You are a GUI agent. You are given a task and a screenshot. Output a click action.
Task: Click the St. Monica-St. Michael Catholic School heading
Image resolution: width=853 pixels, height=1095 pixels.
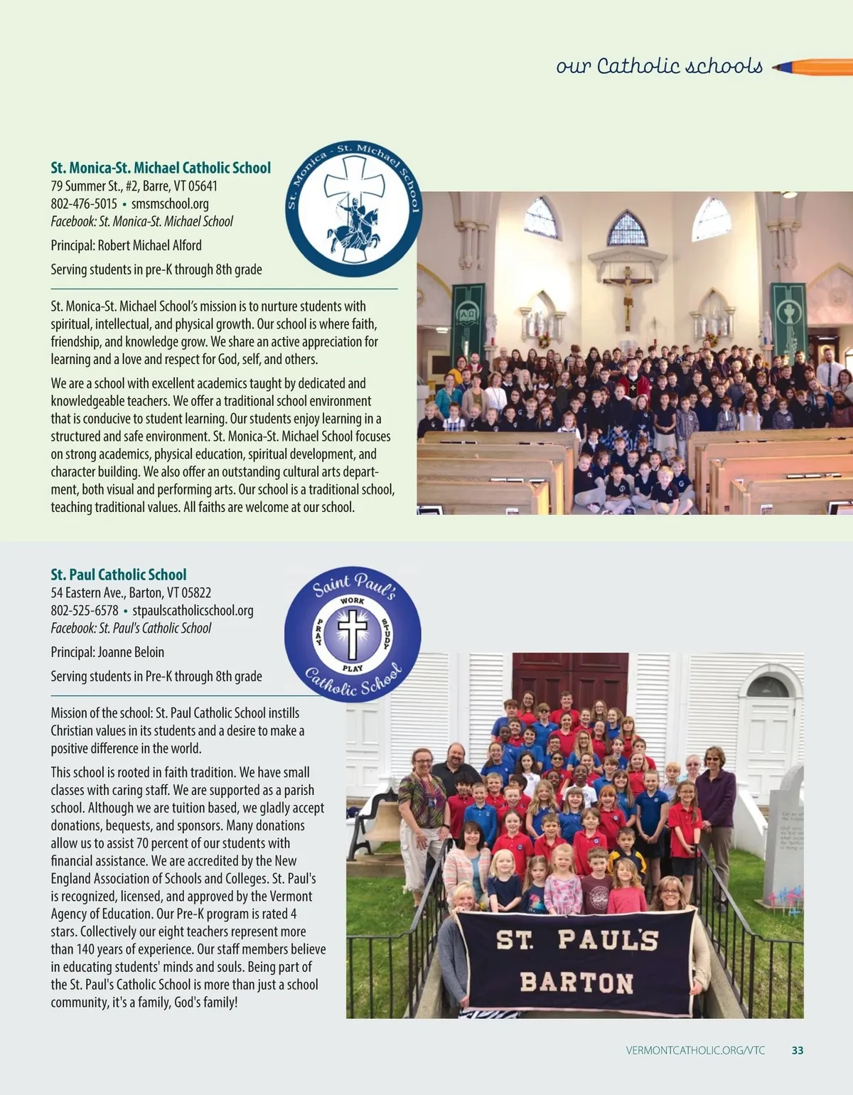161,168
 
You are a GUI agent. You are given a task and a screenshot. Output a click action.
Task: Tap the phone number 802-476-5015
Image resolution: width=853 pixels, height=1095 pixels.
84,203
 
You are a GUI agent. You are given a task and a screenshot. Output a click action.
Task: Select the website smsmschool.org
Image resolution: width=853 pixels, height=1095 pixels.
170,203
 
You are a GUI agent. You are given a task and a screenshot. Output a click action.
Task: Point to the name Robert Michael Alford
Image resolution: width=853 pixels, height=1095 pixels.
149,245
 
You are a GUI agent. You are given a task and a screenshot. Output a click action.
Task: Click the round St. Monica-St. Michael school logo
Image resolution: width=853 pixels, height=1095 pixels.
353,208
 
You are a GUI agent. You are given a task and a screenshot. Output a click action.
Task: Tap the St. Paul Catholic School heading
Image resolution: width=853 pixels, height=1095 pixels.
118,575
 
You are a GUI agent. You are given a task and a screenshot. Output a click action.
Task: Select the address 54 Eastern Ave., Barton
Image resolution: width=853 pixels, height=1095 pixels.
131,592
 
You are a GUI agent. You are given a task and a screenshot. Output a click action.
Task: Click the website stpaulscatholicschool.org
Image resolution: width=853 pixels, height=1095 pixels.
193,610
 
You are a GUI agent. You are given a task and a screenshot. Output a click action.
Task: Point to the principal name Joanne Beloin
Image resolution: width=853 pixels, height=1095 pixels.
131,652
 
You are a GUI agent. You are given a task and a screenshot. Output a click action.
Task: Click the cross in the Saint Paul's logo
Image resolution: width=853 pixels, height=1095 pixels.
353,633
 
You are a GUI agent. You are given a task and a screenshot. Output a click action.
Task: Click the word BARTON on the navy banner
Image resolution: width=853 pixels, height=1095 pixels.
576,983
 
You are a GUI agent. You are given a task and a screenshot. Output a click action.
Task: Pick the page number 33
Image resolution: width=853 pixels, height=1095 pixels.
797,1050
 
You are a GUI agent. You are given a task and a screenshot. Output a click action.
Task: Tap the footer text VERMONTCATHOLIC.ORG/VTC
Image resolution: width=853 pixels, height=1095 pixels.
695,1050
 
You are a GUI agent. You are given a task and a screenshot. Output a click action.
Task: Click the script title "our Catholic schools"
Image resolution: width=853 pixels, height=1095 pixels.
659,67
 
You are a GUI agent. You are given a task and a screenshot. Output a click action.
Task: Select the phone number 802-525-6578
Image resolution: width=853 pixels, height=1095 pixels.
84,610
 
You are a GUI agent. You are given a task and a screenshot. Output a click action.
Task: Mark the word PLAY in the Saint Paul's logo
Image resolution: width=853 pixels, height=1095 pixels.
353,668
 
